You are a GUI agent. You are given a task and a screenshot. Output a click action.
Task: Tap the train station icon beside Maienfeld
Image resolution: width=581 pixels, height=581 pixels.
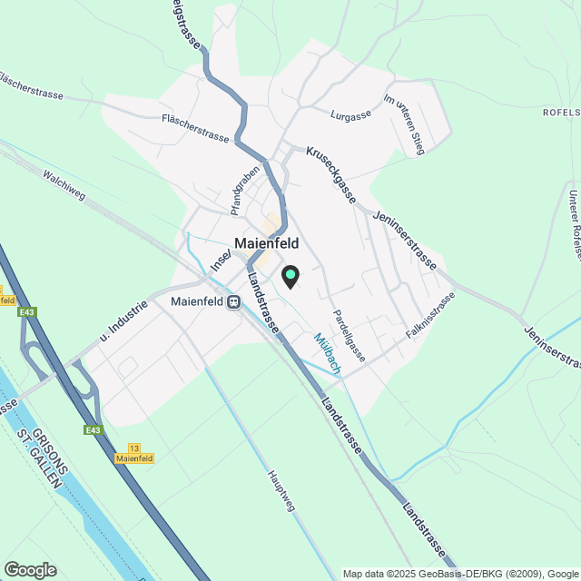pyautogui.click(x=234, y=301)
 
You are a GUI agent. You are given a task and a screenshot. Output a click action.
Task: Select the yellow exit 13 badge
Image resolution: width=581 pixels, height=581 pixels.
pyautogui.click(x=134, y=454)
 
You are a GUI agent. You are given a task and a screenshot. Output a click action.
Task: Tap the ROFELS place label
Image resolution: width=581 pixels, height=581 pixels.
pyautogui.click(x=561, y=112)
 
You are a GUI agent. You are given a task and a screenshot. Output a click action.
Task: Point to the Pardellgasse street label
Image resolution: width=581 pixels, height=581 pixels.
pyautogui.click(x=348, y=330)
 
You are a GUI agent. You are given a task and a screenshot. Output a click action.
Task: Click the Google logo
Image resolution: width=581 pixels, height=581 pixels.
pyautogui.click(x=29, y=569)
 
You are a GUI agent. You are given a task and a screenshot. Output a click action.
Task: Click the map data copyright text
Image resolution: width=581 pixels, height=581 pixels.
pyautogui.click(x=459, y=574)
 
